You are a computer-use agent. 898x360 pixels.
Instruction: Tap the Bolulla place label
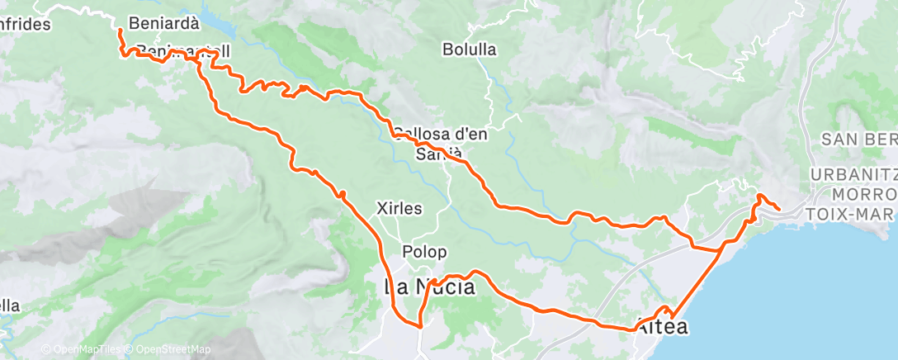point(469,50)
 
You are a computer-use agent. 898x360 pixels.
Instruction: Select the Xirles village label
point(399,209)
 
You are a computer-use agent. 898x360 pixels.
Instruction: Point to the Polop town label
point(425,252)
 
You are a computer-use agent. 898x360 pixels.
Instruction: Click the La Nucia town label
point(429,287)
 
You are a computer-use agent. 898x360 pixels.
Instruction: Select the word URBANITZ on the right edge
point(853,175)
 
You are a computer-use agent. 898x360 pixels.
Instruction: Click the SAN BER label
point(858,139)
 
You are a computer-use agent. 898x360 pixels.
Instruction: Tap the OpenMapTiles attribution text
point(81,350)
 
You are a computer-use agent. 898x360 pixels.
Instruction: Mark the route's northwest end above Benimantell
point(120,31)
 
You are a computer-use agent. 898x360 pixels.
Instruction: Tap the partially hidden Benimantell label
point(182,51)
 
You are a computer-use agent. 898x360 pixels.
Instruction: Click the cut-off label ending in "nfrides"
point(25,24)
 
